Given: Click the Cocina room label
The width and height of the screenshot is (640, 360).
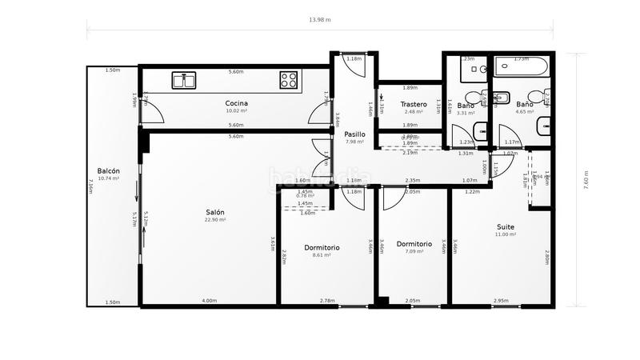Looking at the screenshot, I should pyautogui.click(x=236, y=103).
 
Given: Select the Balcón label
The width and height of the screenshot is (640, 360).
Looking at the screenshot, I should pyautogui.click(x=109, y=171).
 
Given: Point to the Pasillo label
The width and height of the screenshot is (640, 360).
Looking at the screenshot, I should pyautogui.click(x=354, y=134).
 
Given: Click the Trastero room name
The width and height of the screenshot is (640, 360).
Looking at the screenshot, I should pyautogui.click(x=413, y=104).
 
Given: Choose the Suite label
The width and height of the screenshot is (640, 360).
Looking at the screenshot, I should pyautogui.click(x=505, y=226).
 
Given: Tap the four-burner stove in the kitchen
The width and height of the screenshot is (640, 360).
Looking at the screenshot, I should pyautogui.click(x=289, y=79).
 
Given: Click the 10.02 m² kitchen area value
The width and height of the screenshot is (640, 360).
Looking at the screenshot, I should pyautogui.click(x=236, y=111).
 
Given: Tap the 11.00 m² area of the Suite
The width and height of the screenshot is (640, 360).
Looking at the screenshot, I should pyautogui.click(x=505, y=234).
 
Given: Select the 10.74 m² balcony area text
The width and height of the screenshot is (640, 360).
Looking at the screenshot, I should pyautogui.click(x=108, y=178).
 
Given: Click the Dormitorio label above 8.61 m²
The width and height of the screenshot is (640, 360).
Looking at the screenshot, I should pyautogui.click(x=322, y=247).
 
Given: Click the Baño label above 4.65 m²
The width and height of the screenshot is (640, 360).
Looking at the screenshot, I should pyautogui.click(x=524, y=105).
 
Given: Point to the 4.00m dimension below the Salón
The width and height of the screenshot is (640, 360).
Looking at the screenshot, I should pyautogui.click(x=209, y=301).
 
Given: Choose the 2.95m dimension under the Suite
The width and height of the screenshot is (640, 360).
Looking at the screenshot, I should pyautogui.click(x=501, y=301).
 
